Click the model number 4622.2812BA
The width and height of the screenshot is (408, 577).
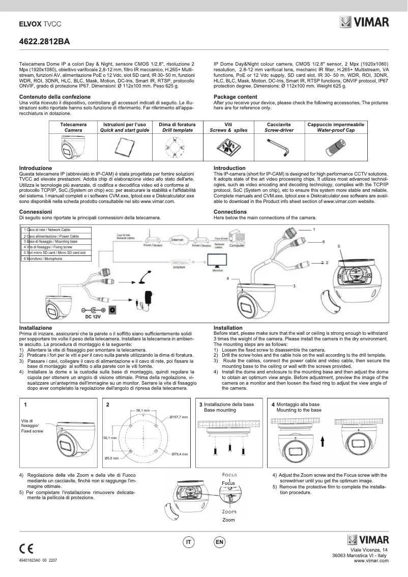point(44,41)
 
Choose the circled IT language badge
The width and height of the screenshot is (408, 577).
point(188,543)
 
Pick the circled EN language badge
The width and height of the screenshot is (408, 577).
point(219,543)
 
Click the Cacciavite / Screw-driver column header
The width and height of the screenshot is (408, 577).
point(278,127)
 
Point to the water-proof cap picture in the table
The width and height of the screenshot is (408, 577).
point(335,148)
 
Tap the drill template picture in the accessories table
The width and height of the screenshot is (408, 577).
point(173,148)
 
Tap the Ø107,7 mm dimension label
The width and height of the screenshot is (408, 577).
point(179,417)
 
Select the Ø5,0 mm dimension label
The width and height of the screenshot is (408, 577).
point(112,458)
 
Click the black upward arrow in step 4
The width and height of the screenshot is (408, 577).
point(323,440)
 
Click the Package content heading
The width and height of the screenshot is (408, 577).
point(235,97)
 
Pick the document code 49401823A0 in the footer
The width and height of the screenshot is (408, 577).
point(38,559)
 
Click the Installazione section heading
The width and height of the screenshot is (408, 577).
point(35,328)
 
